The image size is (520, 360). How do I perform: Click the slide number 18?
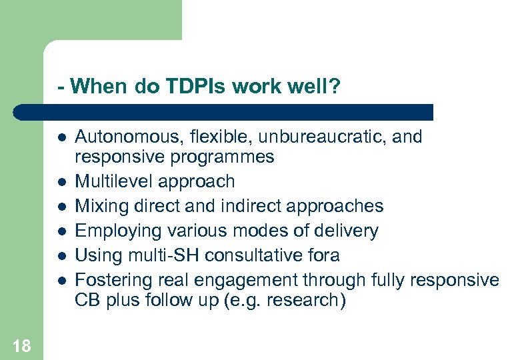click(x=21, y=345)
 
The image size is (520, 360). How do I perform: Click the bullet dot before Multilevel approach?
click(x=61, y=182)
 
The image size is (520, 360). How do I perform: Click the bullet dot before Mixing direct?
click(x=61, y=207)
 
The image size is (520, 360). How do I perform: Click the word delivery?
click(x=346, y=231)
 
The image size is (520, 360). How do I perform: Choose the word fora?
click(x=325, y=255)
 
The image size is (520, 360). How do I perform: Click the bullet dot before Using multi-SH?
click(x=61, y=256)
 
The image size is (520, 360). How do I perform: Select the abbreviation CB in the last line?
click(x=87, y=300)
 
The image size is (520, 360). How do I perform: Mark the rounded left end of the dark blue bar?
click(x=22, y=112)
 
